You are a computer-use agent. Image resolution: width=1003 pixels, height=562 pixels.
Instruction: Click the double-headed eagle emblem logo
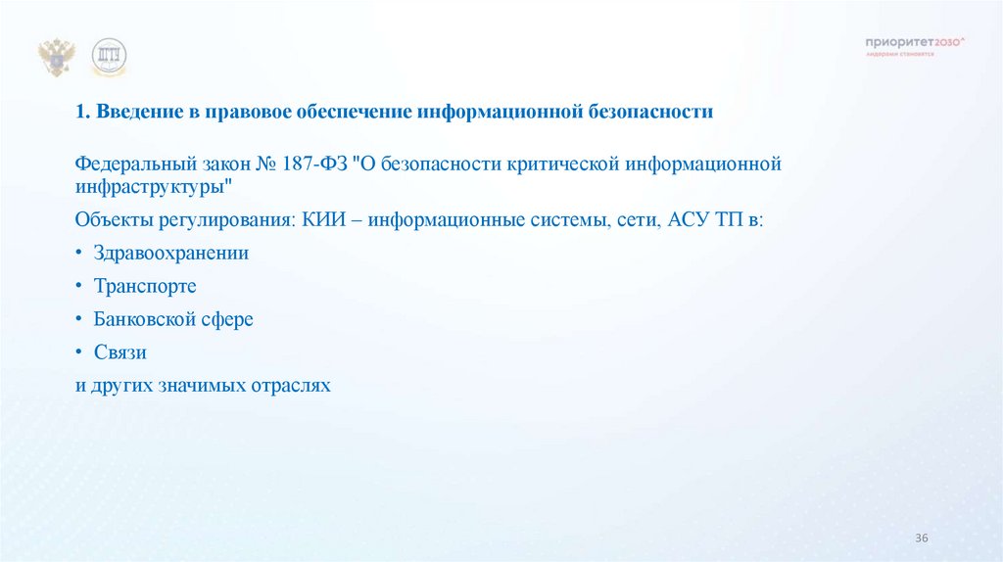pos(56,58)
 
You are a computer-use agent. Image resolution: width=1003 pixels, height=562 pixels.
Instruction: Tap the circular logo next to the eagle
pos(109,57)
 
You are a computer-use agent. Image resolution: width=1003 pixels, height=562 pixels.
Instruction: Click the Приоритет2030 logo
pos(915,44)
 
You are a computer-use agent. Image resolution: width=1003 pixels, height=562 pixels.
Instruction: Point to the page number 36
pos(921,539)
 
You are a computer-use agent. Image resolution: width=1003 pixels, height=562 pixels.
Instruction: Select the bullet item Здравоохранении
pos(171,253)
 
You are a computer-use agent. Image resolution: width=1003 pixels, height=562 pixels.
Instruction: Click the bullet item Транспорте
pos(145,287)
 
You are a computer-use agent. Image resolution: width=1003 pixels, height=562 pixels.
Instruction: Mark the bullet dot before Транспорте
pos(79,287)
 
